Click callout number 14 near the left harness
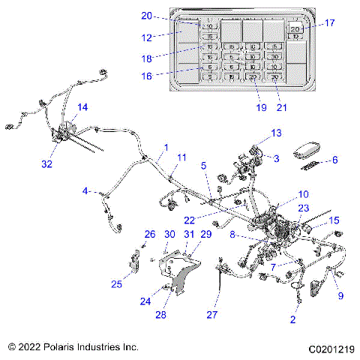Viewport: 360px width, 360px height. [82, 108]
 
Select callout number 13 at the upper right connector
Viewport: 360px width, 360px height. [256, 133]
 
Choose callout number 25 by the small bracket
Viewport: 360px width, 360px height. [117, 284]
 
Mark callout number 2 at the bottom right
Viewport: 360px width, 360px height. [292, 319]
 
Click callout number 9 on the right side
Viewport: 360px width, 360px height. [341, 295]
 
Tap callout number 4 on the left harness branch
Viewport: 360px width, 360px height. [86, 190]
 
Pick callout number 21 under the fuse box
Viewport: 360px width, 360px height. [281, 107]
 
